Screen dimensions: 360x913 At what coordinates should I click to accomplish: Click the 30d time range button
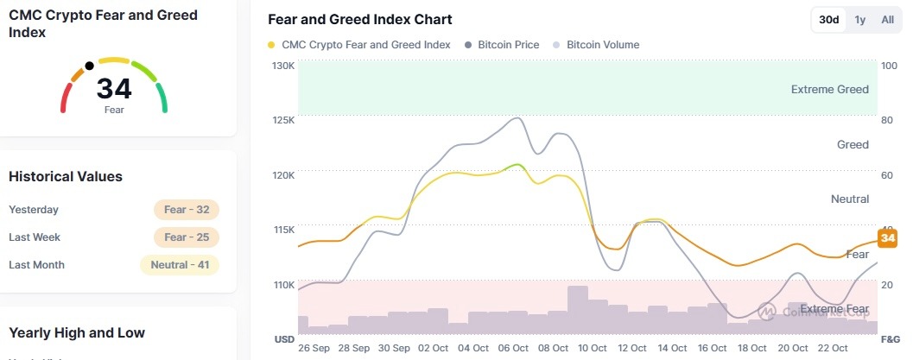pos(829,20)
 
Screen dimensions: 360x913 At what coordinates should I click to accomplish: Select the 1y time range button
pos(860,20)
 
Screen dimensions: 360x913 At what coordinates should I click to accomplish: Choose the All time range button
pos(887,20)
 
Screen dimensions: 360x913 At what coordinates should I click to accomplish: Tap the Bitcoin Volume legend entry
pos(603,45)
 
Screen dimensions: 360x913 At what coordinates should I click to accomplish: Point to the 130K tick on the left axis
pos(283,66)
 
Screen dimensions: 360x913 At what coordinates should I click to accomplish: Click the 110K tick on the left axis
pos(283,285)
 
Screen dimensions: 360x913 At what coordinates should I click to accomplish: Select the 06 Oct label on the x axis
pos(514,348)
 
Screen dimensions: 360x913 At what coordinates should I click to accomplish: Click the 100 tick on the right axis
pos(888,66)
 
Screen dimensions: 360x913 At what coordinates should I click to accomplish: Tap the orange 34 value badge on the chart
pos(887,238)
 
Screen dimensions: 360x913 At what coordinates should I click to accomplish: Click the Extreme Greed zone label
pos(829,89)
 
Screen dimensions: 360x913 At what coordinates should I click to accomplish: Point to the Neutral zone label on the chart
pos(849,199)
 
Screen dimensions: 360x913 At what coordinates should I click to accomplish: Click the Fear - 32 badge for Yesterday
pos(187,210)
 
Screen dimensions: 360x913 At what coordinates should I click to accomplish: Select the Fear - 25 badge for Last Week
pos(187,237)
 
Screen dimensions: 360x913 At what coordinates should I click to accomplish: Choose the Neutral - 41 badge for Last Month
pos(180,265)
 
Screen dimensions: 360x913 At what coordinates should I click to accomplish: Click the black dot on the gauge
pos(89,66)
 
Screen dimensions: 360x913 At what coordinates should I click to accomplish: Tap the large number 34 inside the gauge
pos(114,89)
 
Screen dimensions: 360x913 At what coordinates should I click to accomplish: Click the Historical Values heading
pos(66,177)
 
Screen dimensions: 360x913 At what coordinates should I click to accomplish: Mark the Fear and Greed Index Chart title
pos(360,20)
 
